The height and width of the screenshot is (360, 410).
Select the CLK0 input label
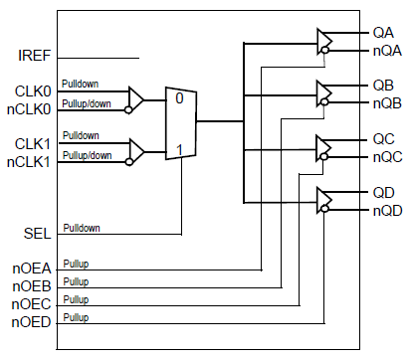coord(34,90)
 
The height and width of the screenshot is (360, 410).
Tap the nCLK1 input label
coord(31,159)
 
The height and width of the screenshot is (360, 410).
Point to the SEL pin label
coord(37,233)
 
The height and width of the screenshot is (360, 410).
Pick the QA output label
coord(383,33)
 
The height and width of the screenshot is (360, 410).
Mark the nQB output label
coord(387,103)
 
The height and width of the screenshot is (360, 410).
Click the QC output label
coord(383,140)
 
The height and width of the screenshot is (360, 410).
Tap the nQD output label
coord(387,210)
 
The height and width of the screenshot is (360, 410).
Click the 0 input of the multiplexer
coord(180,99)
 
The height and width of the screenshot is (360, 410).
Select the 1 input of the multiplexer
coord(180,151)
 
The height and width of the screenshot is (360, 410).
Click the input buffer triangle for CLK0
coord(135,98)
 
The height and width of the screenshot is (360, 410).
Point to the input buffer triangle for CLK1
coord(135,151)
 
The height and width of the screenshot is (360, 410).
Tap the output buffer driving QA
coord(324,41)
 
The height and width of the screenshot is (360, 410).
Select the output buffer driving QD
coord(324,201)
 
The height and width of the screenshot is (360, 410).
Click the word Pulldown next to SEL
coord(81,228)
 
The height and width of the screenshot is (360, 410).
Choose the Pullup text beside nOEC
coord(76,297)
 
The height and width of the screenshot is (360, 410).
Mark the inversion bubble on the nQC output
coord(323,158)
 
